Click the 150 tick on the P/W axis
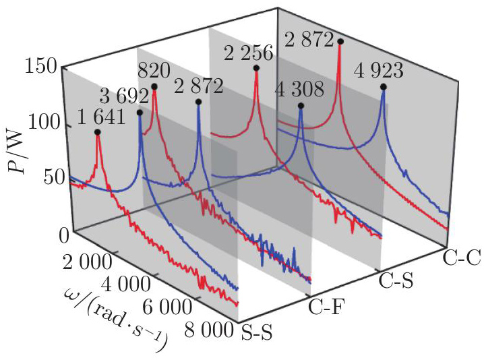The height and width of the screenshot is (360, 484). pyautogui.click(x=42, y=67)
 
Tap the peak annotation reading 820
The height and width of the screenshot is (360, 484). pyautogui.click(x=156, y=70)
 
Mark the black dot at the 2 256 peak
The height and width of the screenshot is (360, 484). pyautogui.click(x=257, y=68)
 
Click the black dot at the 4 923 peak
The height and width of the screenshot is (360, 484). pyautogui.click(x=384, y=86)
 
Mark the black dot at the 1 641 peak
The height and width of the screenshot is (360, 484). pyautogui.click(x=98, y=132)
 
